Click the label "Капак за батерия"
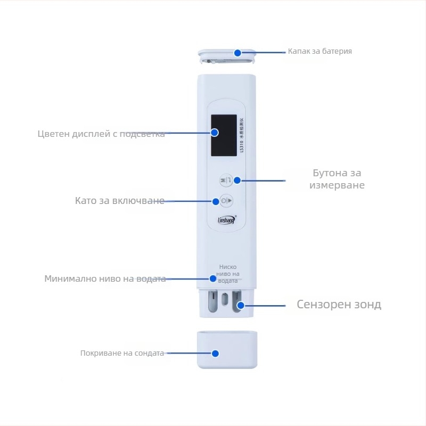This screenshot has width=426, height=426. (x=319, y=52)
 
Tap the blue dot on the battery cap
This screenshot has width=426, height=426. (x=237, y=53)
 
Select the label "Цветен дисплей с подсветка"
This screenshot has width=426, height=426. (x=101, y=134)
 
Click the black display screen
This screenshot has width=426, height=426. (x=224, y=135)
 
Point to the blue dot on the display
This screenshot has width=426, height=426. (x=215, y=133)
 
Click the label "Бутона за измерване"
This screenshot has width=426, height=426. (x=337, y=179)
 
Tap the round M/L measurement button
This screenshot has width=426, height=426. (x=226, y=181)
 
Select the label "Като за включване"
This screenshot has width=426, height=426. (x=119, y=201)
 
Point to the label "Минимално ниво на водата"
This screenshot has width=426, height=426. (x=105, y=278)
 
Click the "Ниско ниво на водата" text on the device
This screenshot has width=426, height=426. (x=227, y=274)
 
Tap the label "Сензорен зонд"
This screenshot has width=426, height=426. (x=339, y=305)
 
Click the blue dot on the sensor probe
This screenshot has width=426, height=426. (x=241, y=306)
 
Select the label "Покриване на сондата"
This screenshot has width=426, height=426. (x=122, y=353)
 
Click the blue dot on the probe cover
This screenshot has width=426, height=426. (x=215, y=353)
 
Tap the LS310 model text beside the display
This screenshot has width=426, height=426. (x=242, y=136)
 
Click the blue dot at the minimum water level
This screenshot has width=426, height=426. (x=213, y=278)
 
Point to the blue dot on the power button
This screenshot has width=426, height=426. (x=216, y=201)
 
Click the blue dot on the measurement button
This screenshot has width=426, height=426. (x=237, y=181)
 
